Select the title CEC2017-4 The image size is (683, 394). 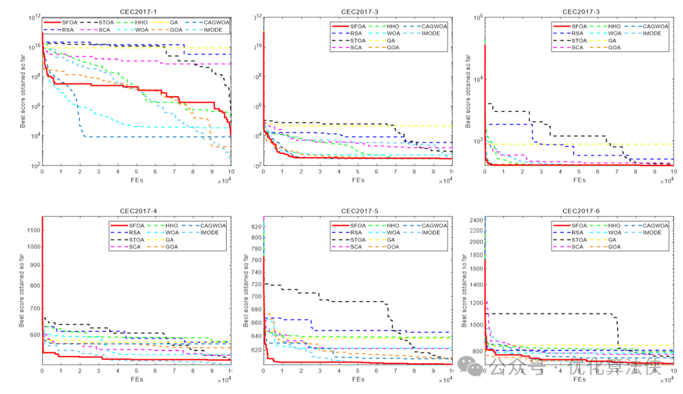click(x=136, y=211)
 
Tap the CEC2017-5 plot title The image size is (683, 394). click(x=358, y=211)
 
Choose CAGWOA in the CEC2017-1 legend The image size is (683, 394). click(x=215, y=22)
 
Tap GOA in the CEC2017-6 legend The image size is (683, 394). click(x=614, y=247)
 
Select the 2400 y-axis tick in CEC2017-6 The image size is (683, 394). click(x=473, y=220)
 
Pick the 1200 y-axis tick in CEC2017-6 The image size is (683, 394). click(x=473, y=303)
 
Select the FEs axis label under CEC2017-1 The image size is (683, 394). click(x=136, y=180)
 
